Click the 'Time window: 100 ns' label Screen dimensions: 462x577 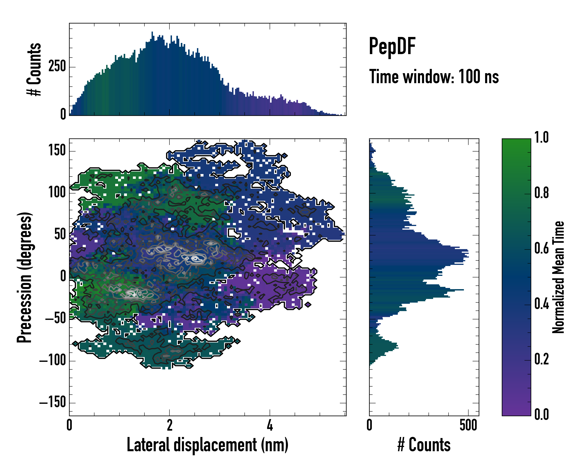click(x=434, y=77)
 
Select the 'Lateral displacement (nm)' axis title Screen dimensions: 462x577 click(x=207, y=445)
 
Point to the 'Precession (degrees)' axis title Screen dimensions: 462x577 click(x=25, y=277)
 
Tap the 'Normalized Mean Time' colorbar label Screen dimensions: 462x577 click(x=558, y=277)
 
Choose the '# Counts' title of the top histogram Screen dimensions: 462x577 click(x=34, y=69)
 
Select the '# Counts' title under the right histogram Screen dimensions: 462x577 click(x=424, y=445)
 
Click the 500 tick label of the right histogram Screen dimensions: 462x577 click(x=468, y=425)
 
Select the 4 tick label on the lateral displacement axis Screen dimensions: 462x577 click(x=270, y=425)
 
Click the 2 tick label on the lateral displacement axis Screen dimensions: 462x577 click(x=169, y=425)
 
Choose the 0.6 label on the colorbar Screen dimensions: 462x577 click(x=541, y=249)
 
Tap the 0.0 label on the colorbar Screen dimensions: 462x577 click(x=541, y=414)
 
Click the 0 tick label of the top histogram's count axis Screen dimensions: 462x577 click(x=63, y=114)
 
